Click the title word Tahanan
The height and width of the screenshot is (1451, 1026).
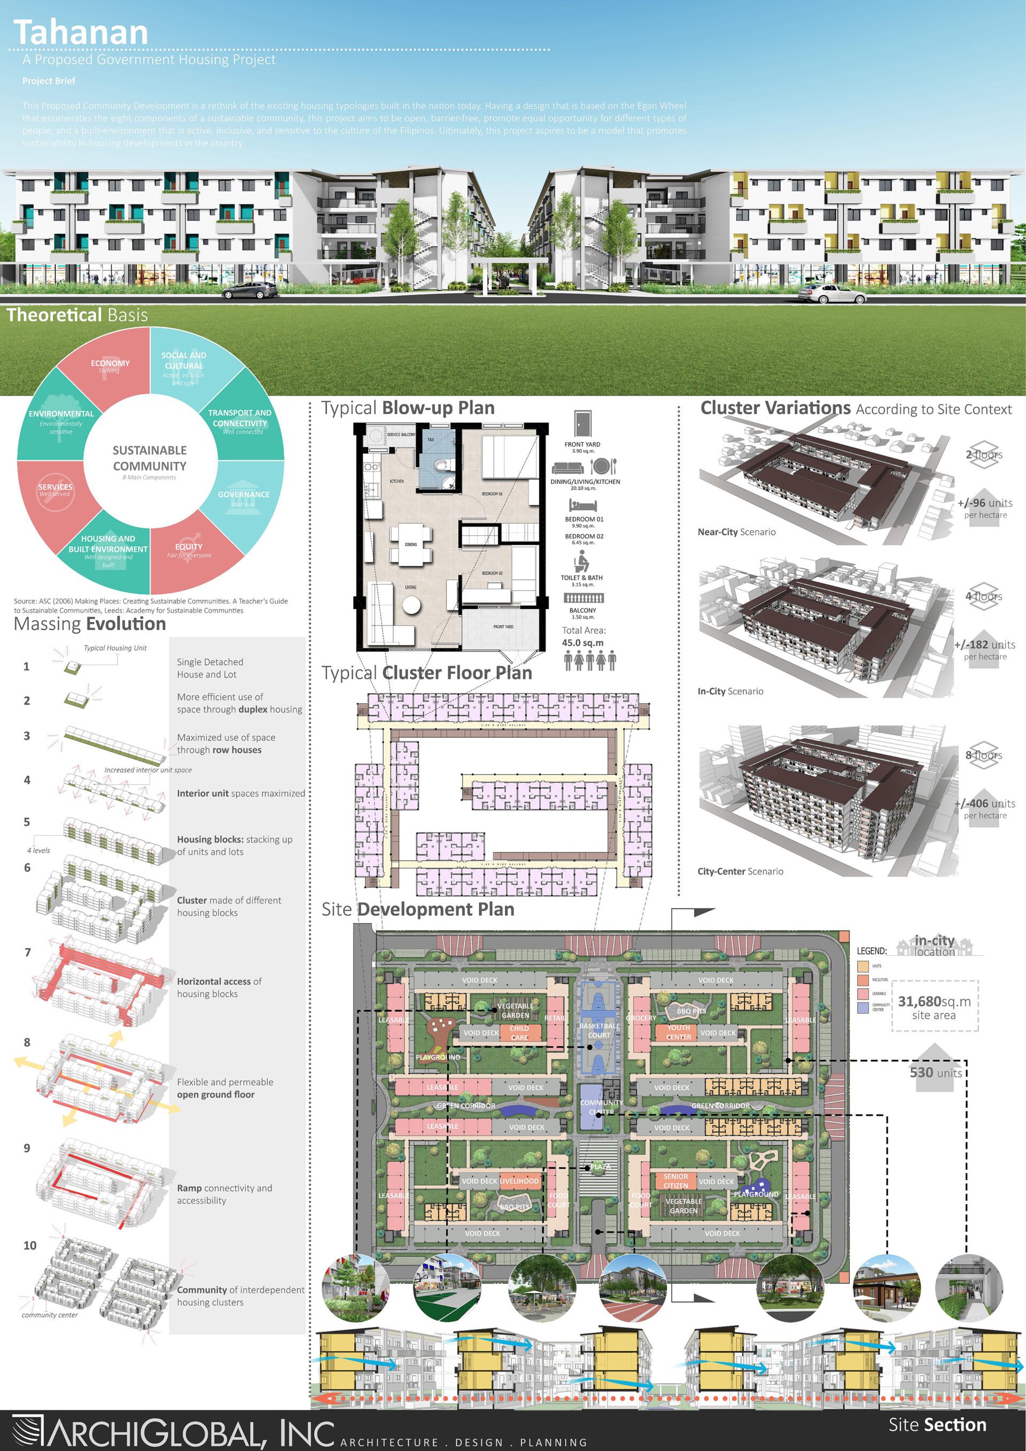pos(80,32)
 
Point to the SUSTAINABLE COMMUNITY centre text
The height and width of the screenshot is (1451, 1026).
pos(150,458)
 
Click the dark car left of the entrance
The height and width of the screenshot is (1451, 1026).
pos(249,291)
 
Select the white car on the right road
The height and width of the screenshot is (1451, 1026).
pos(831,294)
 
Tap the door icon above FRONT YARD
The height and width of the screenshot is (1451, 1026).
pos(582,423)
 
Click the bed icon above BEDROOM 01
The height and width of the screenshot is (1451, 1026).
pos(582,506)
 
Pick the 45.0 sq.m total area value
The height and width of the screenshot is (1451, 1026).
pos(582,643)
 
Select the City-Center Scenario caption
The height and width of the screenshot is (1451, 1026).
pos(740,871)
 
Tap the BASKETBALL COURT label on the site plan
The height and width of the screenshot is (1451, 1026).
pos(599,1030)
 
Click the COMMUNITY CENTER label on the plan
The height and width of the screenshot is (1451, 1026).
pos(601,1107)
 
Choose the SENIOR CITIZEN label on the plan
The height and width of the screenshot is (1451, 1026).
pos(675,1180)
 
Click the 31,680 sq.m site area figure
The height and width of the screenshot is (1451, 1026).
pos(934,1002)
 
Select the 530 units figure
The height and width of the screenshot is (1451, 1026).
pos(935,1072)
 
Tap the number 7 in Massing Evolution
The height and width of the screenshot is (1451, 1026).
pos(27,952)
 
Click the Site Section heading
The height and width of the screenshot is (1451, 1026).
pos(937,1424)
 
